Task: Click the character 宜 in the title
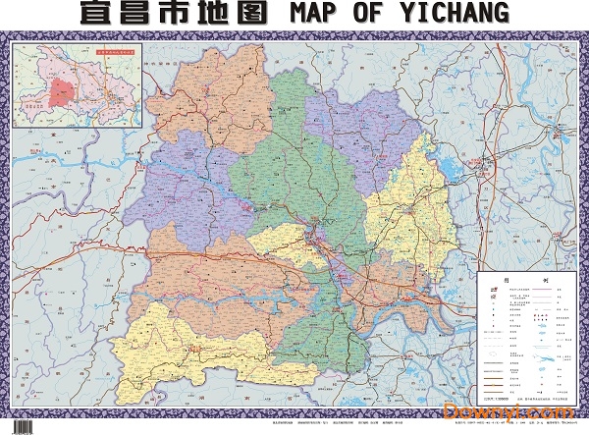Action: [97, 13]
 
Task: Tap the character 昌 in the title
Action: [141, 13]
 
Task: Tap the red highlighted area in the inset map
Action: [61, 91]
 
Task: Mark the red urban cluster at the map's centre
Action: [317, 239]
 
